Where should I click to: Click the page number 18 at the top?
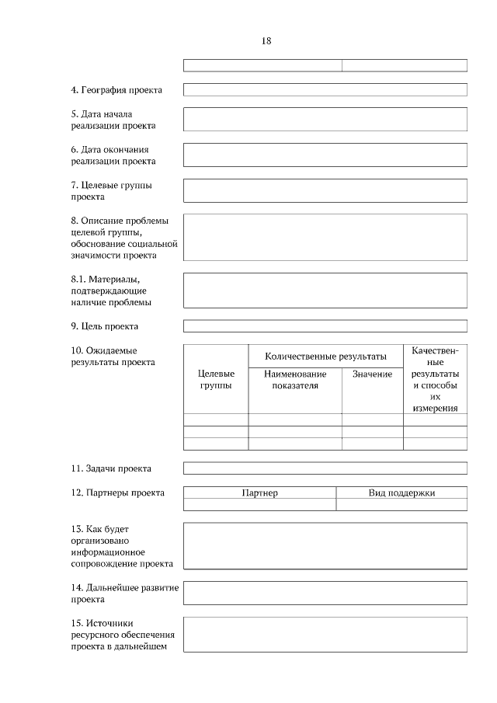pos(266,40)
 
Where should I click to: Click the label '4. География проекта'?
pos(116,90)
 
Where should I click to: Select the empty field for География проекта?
pos(325,90)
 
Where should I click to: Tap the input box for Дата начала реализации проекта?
pos(325,119)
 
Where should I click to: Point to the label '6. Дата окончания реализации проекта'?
pos(113,155)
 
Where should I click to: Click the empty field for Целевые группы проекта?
pos(325,190)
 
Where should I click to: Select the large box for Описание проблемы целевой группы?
pos(325,237)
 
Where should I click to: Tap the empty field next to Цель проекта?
pos(325,326)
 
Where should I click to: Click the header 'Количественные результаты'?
pos(325,356)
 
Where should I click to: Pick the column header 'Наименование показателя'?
pos(295,380)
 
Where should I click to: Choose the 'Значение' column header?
pos(372,374)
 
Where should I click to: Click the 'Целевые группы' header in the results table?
pos(216,380)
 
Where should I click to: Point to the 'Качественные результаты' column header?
pos(435,379)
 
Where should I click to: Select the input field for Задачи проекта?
pos(325,468)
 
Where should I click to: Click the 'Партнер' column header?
pos(259,492)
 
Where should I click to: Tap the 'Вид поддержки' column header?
pos(401,492)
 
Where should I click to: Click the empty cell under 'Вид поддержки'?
pos(401,505)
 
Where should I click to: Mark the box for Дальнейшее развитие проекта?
pos(325,593)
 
